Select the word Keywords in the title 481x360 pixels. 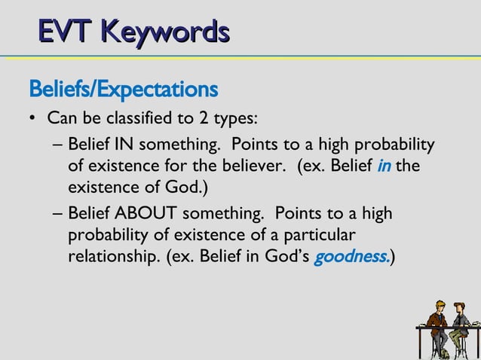click(x=166, y=32)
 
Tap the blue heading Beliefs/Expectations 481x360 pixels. click(x=123, y=90)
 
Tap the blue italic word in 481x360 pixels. click(x=384, y=165)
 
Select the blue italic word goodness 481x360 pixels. click(x=351, y=256)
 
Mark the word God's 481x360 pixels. click(x=282, y=256)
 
